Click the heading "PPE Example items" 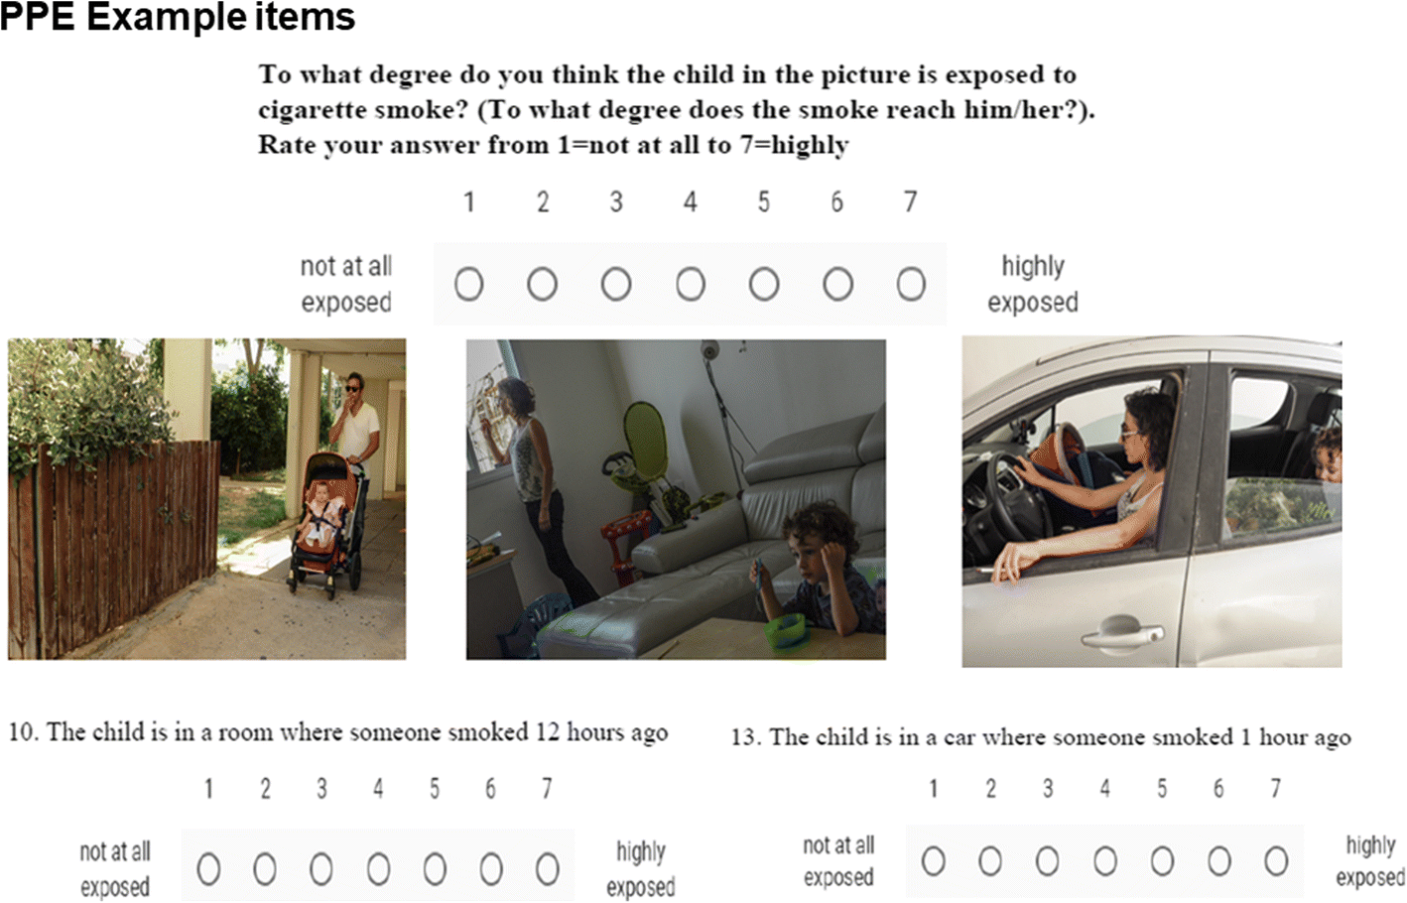coord(178,17)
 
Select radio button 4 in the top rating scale coord(691,285)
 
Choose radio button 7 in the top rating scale coord(911,285)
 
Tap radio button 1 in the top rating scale coord(468,285)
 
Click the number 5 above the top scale coord(763,202)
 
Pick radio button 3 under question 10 coord(320,870)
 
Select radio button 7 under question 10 coord(547,870)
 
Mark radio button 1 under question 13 coord(933,861)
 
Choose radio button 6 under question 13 coord(1219,861)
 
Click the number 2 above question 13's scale coord(990,789)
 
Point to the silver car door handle coord(1122,632)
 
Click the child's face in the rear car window coord(1326,457)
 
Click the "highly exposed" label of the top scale coord(1032,284)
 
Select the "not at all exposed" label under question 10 coord(115,869)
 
